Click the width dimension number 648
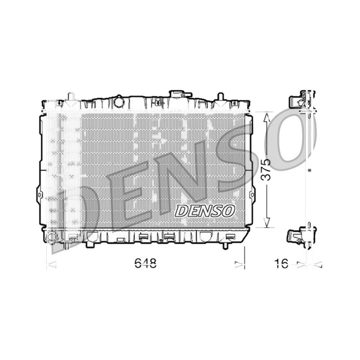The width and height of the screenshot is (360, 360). pyautogui.click(x=145, y=263)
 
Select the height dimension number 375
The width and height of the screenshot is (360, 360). pyautogui.click(x=266, y=170)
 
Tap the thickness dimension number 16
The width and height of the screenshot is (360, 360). pyautogui.click(x=281, y=263)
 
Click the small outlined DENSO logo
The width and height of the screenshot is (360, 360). pyautogui.click(x=205, y=211)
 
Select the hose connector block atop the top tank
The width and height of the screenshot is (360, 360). pyautogui.click(x=180, y=94)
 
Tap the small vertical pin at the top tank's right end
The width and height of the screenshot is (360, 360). pyautogui.click(x=220, y=96)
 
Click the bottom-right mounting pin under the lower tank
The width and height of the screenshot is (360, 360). pyautogui.click(x=226, y=245)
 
